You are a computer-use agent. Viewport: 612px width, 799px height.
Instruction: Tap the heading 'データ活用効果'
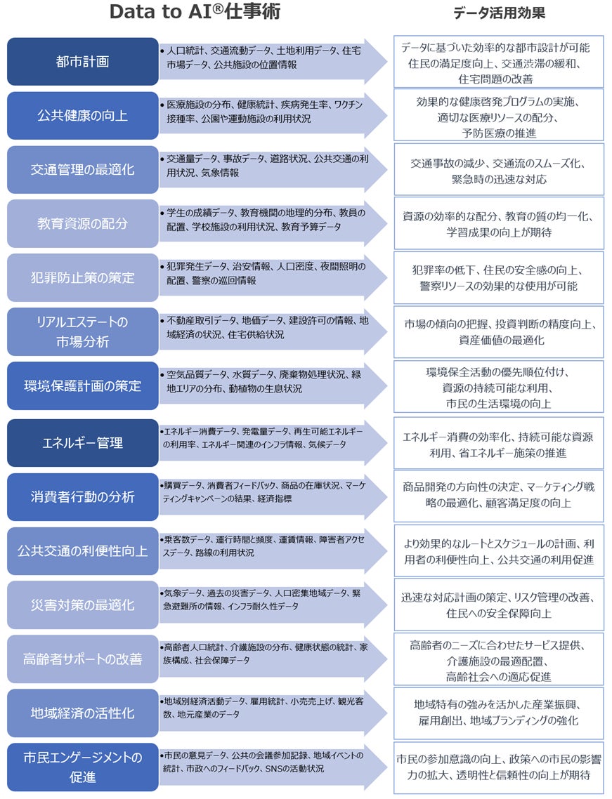[498, 13]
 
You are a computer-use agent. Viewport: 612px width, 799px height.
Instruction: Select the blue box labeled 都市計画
[82, 61]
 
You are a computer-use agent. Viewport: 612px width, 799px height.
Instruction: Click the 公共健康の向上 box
[82, 115]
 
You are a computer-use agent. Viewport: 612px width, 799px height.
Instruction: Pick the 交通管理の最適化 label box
[82, 169]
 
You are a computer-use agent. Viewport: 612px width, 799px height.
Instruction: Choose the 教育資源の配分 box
[82, 223]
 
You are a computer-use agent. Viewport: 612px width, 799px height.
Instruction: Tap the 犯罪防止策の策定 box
[82, 277]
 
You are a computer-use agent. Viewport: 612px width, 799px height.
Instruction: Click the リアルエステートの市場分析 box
[82, 331]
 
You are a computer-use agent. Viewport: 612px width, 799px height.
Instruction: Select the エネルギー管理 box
[82, 442]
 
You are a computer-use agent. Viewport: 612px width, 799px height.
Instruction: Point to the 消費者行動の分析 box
[82, 496]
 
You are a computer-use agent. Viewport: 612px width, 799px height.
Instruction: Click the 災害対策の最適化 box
[82, 605]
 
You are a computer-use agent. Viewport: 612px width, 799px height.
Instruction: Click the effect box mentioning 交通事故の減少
[498, 171]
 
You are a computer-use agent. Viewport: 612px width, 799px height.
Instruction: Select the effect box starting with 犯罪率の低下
[498, 278]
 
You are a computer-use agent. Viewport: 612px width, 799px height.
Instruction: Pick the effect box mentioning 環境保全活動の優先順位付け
[498, 387]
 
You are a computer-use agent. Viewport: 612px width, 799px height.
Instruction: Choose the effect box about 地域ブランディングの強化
[498, 713]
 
